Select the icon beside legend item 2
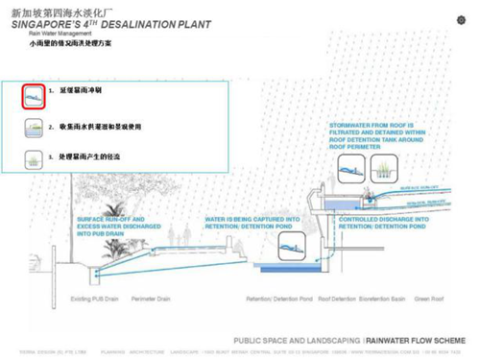tap(33, 126)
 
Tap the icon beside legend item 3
tap(33, 156)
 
